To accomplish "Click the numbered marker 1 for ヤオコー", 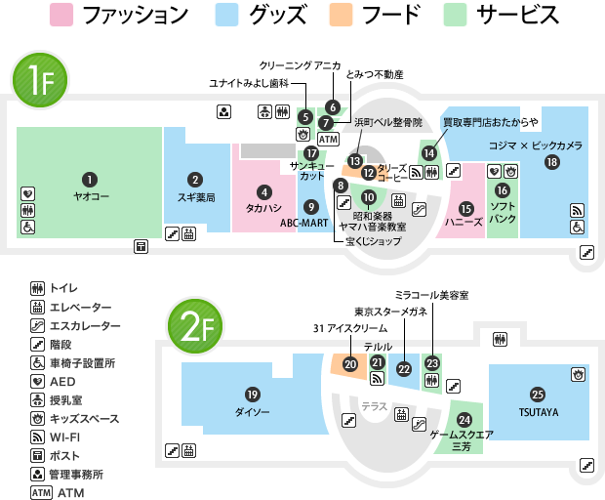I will (x=90, y=179).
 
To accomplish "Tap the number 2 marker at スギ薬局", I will (x=195, y=179).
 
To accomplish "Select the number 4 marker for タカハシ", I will (x=263, y=192).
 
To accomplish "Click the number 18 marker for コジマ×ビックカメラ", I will (x=552, y=162).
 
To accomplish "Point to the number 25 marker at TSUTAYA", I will (x=538, y=395).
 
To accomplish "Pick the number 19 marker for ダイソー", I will (x=253, y=395).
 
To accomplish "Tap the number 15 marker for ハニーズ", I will (x=465, y=207).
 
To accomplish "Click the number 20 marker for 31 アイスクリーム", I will (x=350, y=363).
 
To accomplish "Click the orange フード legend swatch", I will (x=342, y=15).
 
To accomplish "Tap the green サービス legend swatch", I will (x=455, y=15).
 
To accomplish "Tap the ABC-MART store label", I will (x=302, y=223).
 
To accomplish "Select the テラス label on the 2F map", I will (x=375, y=404).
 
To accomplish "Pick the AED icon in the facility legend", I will (x=40, y=381).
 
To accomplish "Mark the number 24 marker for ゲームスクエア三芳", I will (x=464, y=420).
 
